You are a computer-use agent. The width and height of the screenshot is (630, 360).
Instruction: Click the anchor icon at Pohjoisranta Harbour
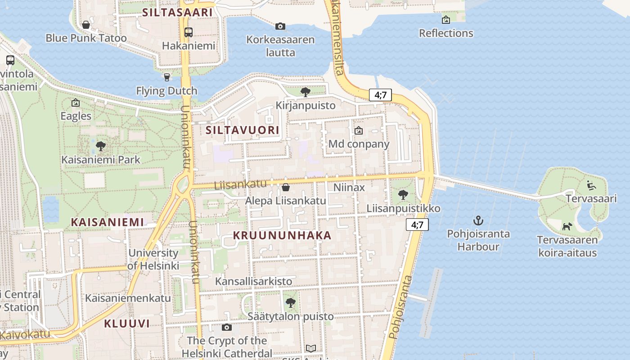(478, 220)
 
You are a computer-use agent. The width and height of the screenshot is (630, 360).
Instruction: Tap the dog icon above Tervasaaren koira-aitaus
(567, 226)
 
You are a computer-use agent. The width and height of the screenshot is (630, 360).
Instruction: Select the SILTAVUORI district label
(243, 130)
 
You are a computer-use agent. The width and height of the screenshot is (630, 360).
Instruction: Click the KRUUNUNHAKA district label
(282, 235)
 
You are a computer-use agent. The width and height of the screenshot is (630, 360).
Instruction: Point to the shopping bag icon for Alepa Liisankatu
(285, 187)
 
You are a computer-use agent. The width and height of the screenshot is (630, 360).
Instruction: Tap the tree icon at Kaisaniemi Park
(101, 146)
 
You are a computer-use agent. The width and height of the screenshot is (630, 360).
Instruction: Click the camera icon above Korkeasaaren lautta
(280, 26)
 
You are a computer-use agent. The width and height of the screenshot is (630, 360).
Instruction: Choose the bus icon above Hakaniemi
(189, 32)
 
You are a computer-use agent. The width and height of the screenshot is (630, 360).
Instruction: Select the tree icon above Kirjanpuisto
(306, 92)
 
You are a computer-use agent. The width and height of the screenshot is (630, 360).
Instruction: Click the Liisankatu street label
(240, 184)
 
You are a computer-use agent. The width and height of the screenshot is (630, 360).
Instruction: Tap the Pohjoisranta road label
(400, 307)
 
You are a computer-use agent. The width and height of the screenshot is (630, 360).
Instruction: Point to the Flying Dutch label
(166, 91)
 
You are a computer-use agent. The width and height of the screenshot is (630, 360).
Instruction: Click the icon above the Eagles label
(76, 103)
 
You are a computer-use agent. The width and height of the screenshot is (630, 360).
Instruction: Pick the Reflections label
(446, 33)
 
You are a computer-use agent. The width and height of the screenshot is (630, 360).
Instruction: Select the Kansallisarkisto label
(253, 281)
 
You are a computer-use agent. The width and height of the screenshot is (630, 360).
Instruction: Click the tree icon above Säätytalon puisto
(291, 303)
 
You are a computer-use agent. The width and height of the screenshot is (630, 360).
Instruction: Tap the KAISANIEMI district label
(108, 222)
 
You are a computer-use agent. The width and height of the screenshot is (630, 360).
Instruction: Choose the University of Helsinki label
(154, 259)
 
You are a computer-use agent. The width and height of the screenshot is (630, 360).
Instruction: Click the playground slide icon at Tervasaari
(591, 185)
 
